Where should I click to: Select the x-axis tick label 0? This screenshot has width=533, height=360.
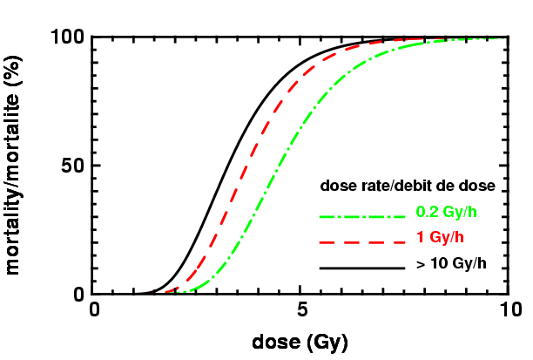pos(95,311)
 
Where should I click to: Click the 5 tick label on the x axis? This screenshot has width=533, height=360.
pos(300,311)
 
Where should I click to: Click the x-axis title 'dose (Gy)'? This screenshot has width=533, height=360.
pos(300,343)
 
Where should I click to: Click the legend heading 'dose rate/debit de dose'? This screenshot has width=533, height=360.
pos(408,186)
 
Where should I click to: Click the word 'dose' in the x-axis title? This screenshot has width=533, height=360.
pos(277,343)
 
